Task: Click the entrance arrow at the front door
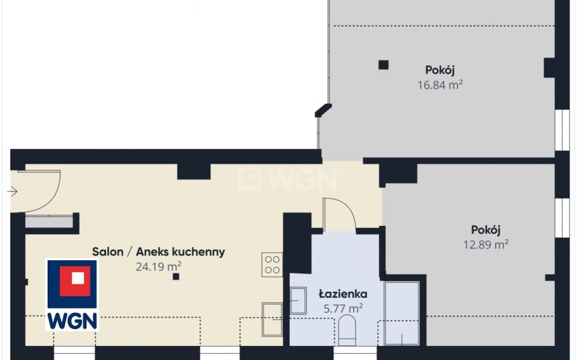12,192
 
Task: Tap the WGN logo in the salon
72,294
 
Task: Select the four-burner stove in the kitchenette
272,265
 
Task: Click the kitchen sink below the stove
272,320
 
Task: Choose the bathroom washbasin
298,300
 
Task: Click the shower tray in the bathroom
402,313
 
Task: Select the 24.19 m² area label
158,266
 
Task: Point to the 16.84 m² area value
439,85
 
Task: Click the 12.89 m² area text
486,244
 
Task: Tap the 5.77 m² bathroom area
343,308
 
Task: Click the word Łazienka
343,294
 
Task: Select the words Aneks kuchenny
180,252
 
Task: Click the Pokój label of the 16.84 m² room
440,70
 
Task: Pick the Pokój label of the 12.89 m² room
486,230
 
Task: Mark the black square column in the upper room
384,65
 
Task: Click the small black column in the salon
176,276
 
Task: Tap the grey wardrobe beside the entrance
49,222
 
